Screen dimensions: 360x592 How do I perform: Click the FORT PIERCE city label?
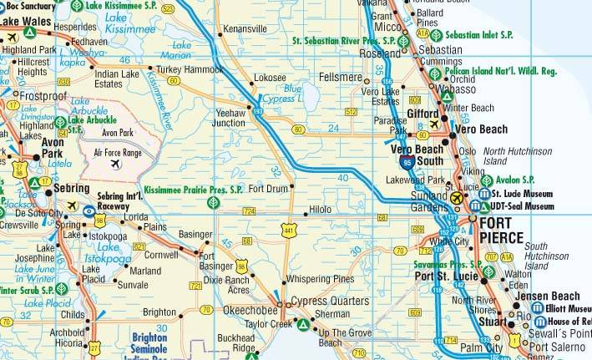pos(500,231)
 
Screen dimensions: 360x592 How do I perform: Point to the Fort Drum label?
pos(268,189)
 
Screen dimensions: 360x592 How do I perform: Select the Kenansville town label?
pos(244,29)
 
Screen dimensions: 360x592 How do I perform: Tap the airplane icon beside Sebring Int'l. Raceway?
pos(73,205)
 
